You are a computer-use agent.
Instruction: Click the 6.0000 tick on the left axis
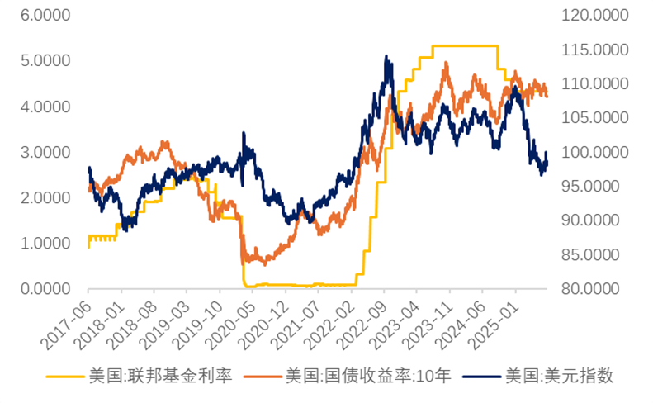(x=45, y=16)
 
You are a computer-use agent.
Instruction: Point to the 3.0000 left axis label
(x=45, y=153)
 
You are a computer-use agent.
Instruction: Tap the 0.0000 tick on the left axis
(x=45, y=289)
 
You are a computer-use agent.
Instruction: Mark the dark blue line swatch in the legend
(x=480, y=377)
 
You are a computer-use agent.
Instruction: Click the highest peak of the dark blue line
(x=386, y=56)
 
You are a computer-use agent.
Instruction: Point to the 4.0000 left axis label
(x=45, y=107)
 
